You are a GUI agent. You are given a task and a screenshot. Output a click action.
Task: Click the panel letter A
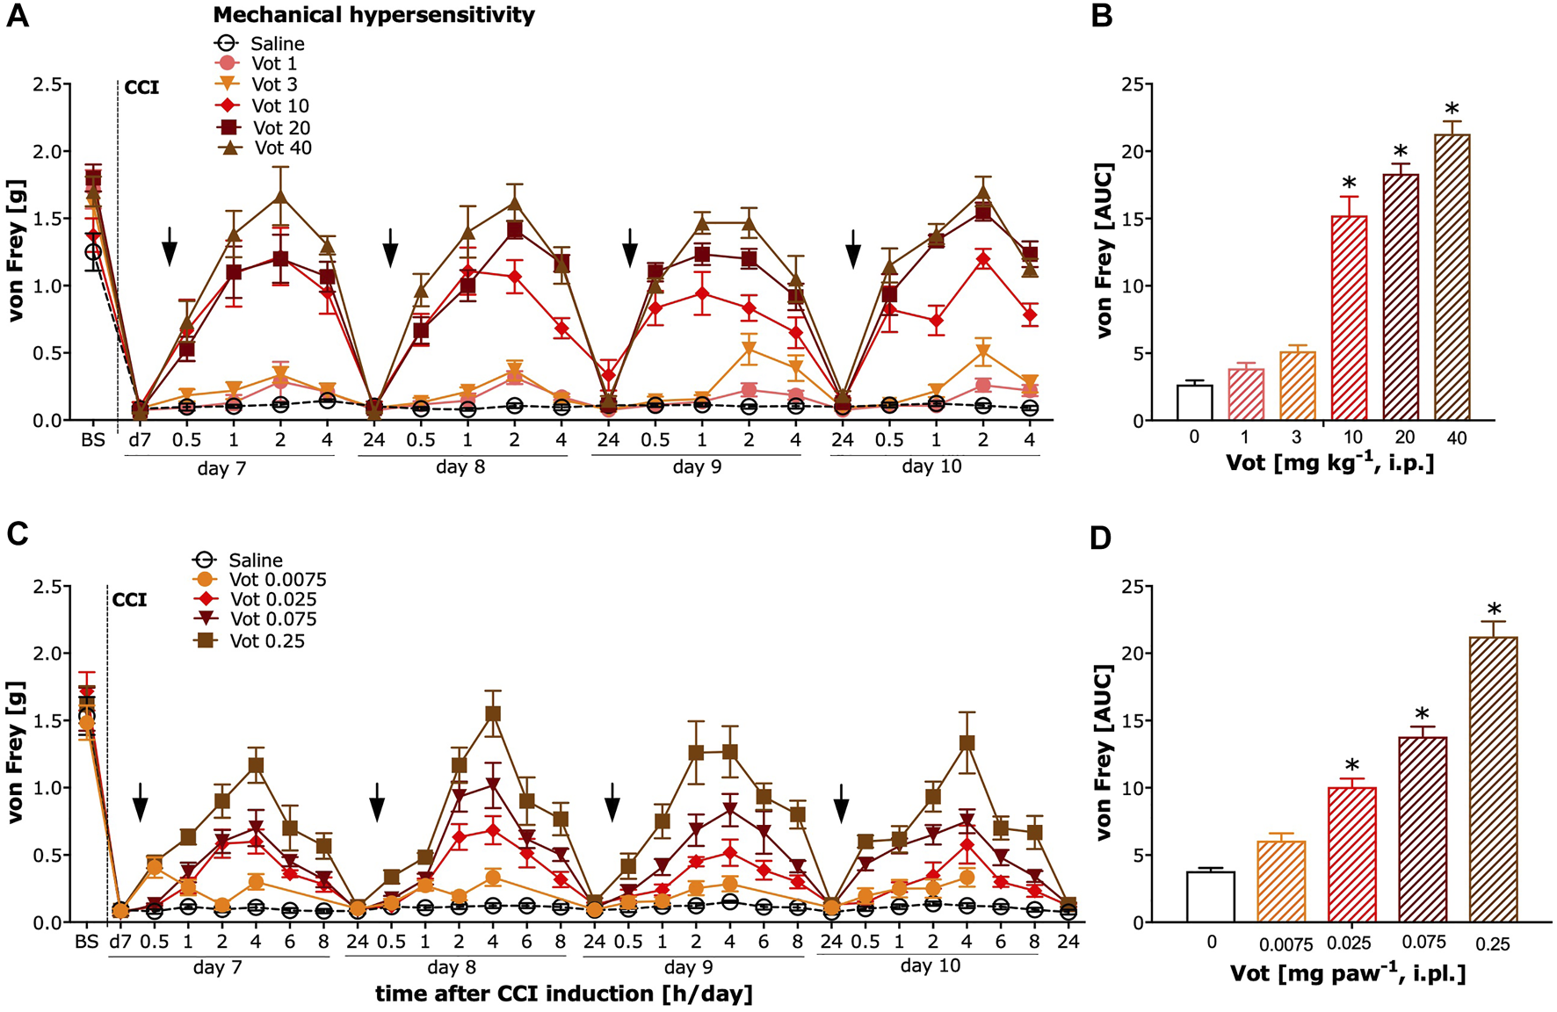point(18,16)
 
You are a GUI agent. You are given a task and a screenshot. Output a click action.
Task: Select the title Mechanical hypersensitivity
point(373,15)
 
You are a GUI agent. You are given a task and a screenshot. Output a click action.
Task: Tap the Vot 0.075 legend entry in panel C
point(255,619)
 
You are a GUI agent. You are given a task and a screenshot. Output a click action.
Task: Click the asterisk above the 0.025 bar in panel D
point(1351,766)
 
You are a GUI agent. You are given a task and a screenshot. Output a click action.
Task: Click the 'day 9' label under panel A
point(697,467)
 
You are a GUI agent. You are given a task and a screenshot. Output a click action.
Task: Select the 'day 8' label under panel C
point(453,968)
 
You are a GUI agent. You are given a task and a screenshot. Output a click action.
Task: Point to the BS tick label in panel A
point(93,439)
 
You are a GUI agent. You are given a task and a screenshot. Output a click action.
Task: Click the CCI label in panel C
point(130,600)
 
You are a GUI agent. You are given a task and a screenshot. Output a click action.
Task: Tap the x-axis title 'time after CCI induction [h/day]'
point(563,994)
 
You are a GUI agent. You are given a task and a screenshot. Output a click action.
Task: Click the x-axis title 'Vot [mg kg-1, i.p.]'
point(1329,463)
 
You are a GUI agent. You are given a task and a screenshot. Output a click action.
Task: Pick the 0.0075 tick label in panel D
point(1286,945)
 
